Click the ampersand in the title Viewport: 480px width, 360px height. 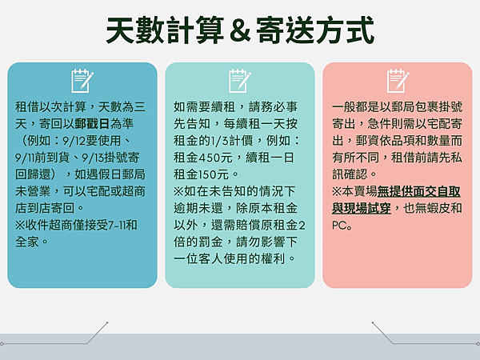pos(240,30)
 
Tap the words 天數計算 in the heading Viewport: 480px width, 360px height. pos(166,30)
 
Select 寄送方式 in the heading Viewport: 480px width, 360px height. pos(315,30)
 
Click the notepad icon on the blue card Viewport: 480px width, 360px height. pos(82,81)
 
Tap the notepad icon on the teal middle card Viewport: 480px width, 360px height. pos(240,81)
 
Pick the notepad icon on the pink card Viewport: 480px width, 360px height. pos(398,81)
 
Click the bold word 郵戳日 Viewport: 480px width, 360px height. pos(92,124)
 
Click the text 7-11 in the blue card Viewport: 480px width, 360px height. pos(117,226)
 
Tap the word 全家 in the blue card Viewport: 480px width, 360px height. pos(27,242)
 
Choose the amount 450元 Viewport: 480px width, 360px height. pos(215,158)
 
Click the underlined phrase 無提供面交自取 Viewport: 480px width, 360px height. pos(418,192)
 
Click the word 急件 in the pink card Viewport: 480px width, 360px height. pos(379,124)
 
